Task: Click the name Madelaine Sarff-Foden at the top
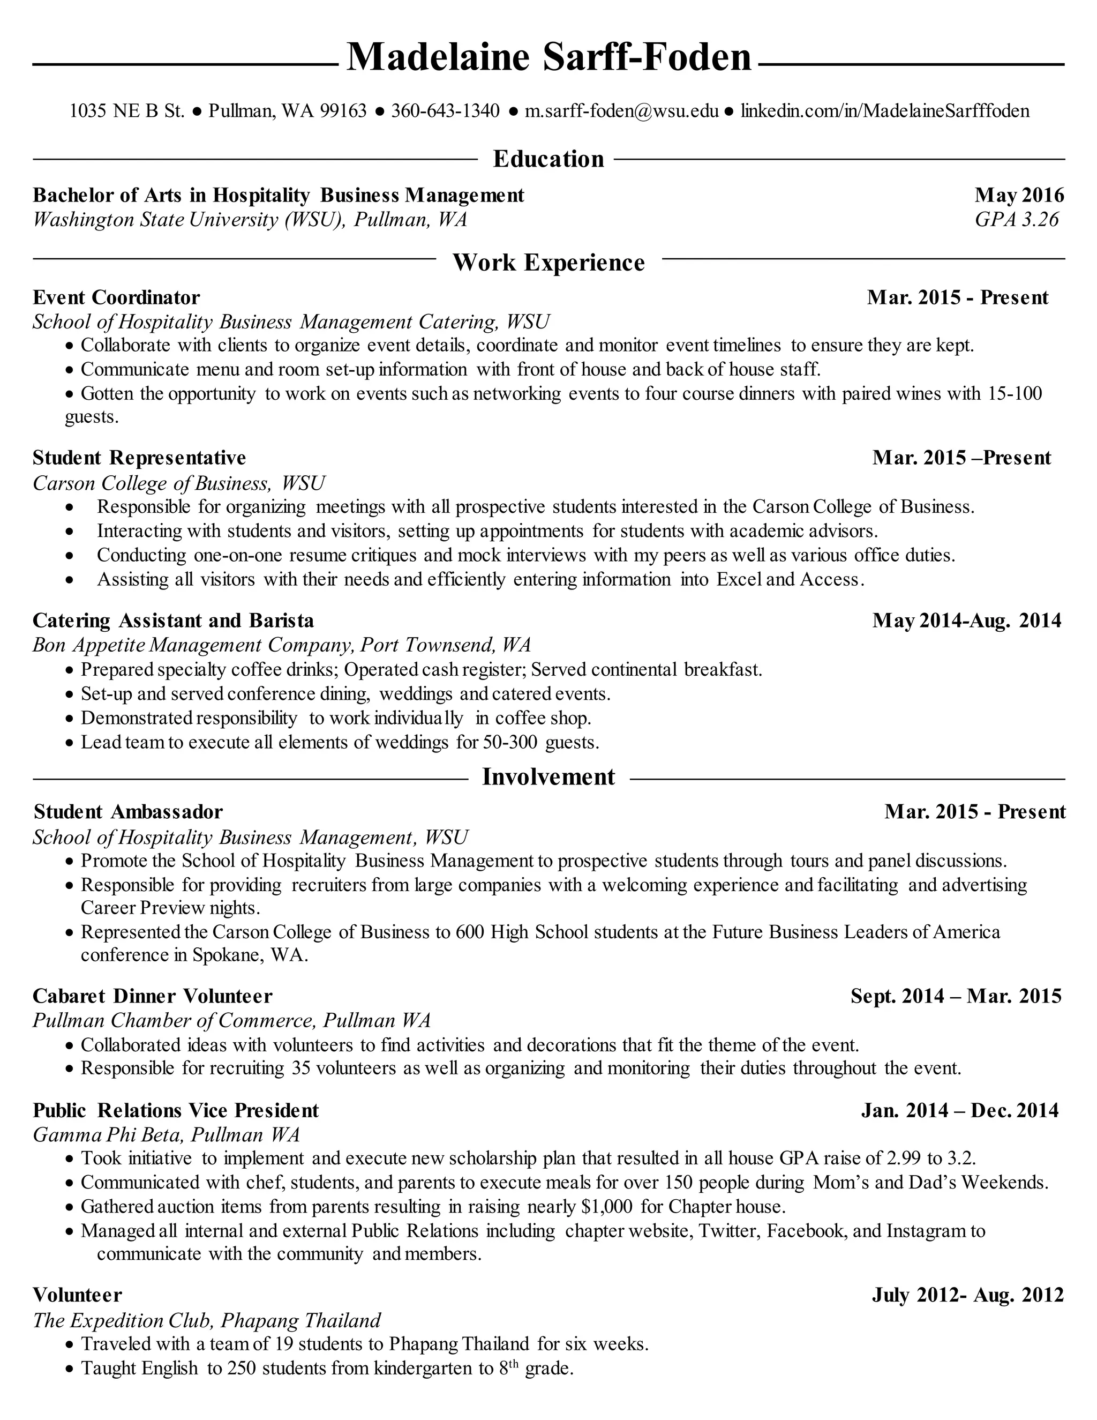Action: click(x=548, y=57)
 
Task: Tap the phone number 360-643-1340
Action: click(x=445, y=111)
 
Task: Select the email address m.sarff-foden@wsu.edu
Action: click(x=621, y=111)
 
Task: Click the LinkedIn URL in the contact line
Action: click(x=885, y=111)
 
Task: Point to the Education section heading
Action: click(x=548, y=159)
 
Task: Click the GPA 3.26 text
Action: click(x=1017, y=220)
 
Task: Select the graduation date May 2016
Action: click(x=1019, y=195)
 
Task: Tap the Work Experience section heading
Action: click(x=548, y=263)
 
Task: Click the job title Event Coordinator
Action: click(x=116, y=298)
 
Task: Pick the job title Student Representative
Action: click(x=139, y=458)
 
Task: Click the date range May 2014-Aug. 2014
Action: click(x=966, y=621)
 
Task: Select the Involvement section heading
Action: click(x=548, y=778)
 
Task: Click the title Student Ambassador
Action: click(x=128, y=812)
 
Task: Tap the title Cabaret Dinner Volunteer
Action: click(x=153, y=996)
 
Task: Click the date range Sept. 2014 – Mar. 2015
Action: click(x=956, y=996)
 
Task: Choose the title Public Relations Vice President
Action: click(x=176, y=1110)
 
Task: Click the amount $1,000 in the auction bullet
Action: click(x=607, y=1207)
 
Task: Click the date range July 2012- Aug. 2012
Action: click(x=967, y=1295)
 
